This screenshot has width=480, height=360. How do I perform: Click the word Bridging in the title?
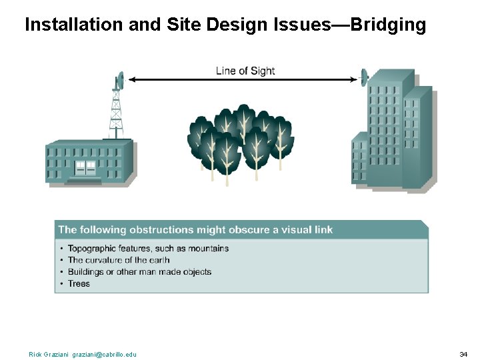(387, 25)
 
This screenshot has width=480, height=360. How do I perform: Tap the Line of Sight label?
(245, 71)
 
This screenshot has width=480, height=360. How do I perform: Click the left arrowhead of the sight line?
(132, 79)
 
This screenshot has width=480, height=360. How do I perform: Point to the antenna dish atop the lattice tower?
(119, 81)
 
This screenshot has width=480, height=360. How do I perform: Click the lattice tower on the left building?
(117, 113)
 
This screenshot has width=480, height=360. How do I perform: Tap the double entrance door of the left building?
(85, 168)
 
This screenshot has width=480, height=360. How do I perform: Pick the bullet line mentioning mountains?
(148, 249)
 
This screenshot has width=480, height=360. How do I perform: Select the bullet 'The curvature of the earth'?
(119, 260)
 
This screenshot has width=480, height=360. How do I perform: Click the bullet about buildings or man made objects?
(139, 272)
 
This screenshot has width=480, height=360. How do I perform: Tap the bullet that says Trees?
(79, 283)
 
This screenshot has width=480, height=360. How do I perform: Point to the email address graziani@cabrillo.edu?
(104, 354)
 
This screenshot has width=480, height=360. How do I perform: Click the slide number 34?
(463, 354)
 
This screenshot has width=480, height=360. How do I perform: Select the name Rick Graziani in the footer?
(49, 354)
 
